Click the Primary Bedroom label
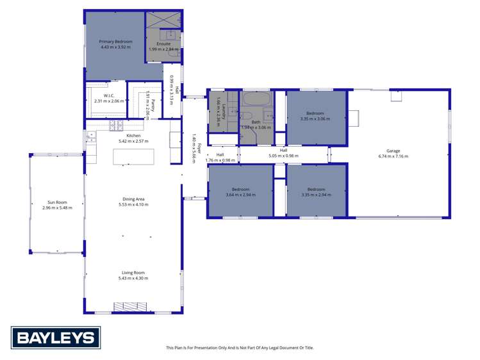tap(115, 42)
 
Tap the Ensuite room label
tap(163, 44)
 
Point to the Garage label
tap(393, 151)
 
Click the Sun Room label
tap(57, 202)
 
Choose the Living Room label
tap(133, 273)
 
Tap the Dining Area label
tap(133, 199)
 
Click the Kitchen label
tap(133, 136)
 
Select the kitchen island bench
tap(133, 156)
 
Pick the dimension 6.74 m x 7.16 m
tap(393, 156)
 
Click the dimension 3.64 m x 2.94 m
tap(240, 195)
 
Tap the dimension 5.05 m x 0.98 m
tap(283, 156)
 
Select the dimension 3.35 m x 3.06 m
tap(315, 119)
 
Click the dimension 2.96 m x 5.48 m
tap(57, 208)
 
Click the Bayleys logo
tap(55, 338)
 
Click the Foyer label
tap(199, 147)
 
